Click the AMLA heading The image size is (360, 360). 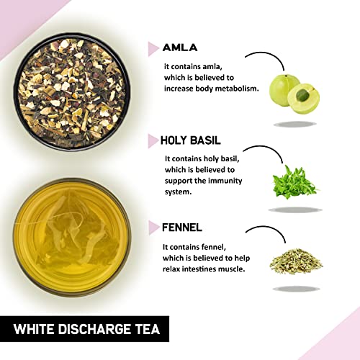coord(180,48)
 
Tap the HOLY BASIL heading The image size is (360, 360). coord(190,140)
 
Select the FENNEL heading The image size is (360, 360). coord(182,228)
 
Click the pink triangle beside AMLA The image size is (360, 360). coord(153,49)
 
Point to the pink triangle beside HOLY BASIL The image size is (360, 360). coord(153,141)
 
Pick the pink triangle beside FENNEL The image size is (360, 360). coord(153,228)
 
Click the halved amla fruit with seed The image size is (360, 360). coord(304,99)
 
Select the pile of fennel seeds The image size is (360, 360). coord(296,261)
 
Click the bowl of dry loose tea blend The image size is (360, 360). coord(72,91)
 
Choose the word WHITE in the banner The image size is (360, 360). coord(35,329)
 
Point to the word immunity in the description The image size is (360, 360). coord(225,181)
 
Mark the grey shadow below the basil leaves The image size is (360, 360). coord(295,210)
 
